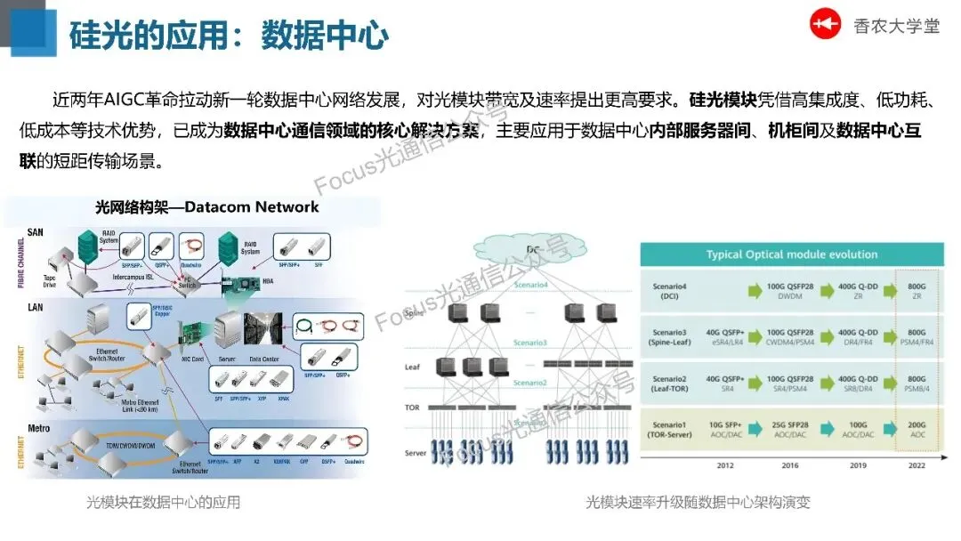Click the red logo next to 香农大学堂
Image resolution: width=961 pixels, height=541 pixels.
(825, 24)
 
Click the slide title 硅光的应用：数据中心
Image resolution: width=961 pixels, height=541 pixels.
(229, 36)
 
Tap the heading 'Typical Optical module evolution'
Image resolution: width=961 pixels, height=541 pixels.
(792, 254)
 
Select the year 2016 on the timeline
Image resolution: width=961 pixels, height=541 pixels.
(789, 465)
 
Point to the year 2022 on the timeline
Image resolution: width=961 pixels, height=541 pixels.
(918, 465)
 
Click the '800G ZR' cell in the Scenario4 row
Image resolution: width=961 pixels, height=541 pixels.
(917, 290)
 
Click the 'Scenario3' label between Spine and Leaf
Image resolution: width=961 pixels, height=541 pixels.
(529, 343)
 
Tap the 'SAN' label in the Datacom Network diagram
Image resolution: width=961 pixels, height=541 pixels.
(35, 232)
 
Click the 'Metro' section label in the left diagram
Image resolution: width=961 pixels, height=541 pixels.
(38, 428)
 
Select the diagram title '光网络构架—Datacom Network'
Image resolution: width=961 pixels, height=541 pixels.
(206, 207)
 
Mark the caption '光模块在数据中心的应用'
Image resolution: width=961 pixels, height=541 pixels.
(163, 503)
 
